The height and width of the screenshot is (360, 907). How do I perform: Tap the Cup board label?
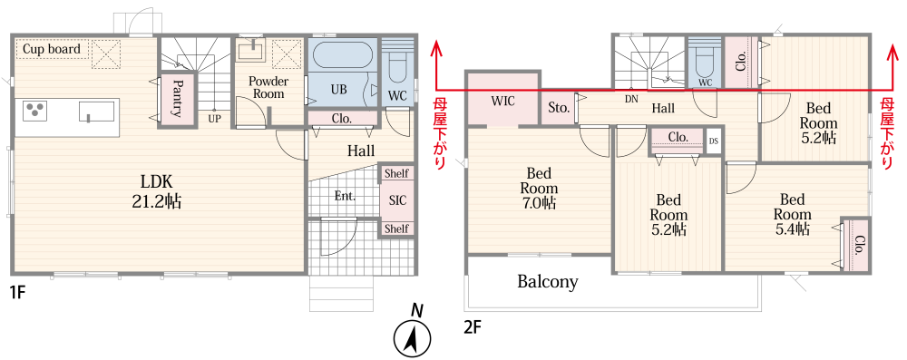[x=52, y=49]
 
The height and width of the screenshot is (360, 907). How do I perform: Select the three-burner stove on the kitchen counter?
[x=35, y=111]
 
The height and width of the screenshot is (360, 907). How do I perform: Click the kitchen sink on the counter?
[x=96, y=112]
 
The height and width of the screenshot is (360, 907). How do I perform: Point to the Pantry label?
[x=176, y=99]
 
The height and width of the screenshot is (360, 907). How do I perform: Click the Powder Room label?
[x=268, y=87]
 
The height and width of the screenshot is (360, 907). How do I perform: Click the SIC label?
[x=397, y=200]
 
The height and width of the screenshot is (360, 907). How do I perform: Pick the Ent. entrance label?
[x=345, y=196]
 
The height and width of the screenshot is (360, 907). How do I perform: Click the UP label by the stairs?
[x=214, y=118]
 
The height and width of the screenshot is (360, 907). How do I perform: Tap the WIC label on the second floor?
[x=502, y=101]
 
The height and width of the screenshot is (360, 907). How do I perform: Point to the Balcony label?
[x=547, y=282]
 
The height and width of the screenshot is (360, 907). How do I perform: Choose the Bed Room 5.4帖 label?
[x=792, y=215]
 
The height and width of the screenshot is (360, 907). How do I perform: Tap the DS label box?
[x=713, y=141]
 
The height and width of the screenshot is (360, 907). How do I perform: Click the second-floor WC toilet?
[x=705, y=65]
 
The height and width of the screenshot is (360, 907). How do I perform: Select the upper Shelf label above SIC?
[x=396, y=174]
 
